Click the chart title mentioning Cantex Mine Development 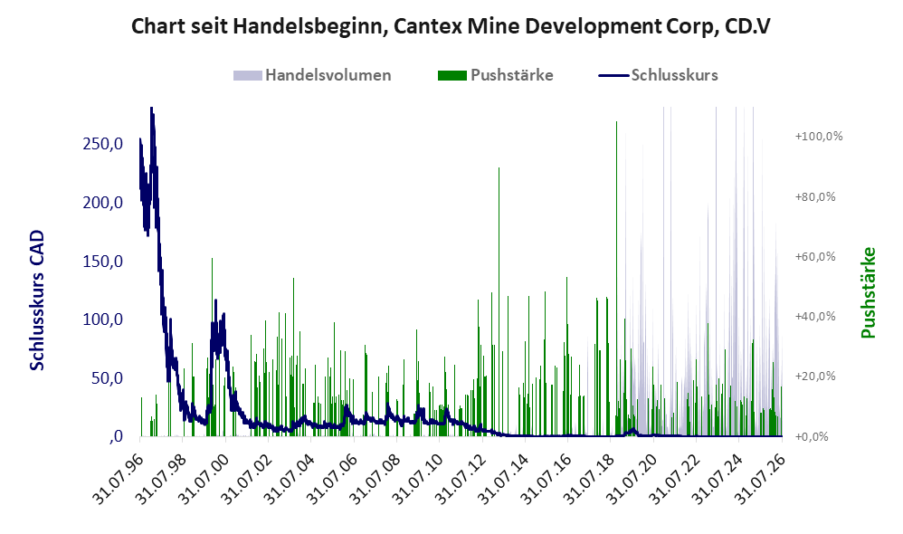[451, 26]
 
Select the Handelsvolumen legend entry [312, 75]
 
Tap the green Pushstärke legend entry [495, 75]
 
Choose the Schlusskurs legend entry [658, 75]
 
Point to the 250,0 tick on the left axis [103, 144]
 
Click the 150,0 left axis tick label [103, 262]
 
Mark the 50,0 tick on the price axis [107, 378]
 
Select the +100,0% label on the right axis [818, 137]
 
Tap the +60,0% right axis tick [815, 256]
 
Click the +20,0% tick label [815, 377]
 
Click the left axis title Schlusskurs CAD [37, 300]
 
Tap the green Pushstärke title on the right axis [869, 292]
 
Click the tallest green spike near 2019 [617, 278]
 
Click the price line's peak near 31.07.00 [216, 300]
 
